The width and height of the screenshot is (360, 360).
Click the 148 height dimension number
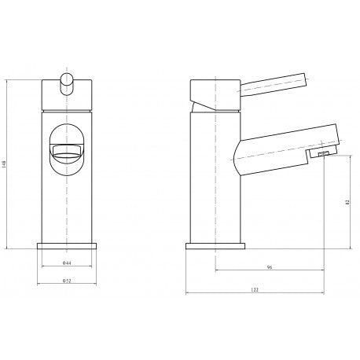point(4,164)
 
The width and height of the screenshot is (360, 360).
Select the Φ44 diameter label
point(67,263)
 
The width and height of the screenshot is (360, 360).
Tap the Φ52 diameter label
point(67,281)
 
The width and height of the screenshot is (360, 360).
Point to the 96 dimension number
point(270,267)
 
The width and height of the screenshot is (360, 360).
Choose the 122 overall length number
point(255,290)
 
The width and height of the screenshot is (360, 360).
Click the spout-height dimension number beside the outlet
point(347,202)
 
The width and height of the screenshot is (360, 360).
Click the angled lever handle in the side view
point(274,83)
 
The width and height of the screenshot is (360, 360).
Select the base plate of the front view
point(67,246)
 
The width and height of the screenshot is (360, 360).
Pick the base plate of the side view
point(215,246)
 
